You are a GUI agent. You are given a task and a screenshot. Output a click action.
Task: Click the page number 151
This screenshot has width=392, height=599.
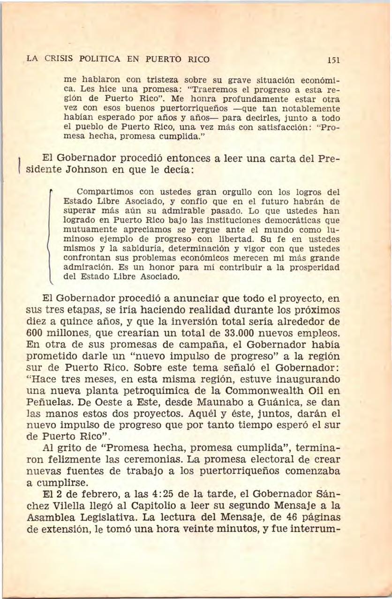point(333,60)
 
